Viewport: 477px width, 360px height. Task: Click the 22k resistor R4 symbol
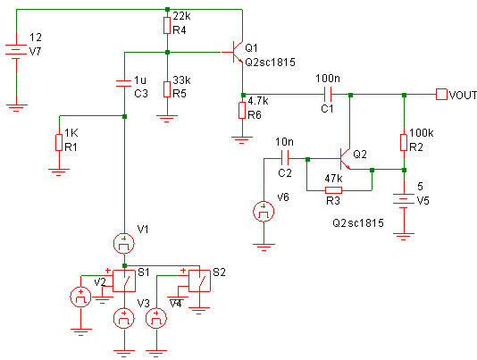click(167, 26)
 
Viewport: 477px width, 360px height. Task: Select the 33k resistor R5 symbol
click(167, 89)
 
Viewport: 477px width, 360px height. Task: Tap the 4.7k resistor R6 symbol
click(242, 110)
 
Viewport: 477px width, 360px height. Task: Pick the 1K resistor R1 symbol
click(59, 142)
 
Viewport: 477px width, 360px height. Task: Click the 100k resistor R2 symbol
click(404, 142)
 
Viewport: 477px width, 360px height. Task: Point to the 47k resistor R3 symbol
click(333, 190)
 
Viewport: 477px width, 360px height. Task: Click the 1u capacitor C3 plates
click(124, 83)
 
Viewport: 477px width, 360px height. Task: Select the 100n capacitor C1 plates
click(328, 95)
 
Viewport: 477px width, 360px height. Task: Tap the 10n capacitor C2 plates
click(285, 158)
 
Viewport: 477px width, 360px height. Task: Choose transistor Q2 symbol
click(343, 158)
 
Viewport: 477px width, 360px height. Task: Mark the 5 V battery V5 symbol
click(404, 200)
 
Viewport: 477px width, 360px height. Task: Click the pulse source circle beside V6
click(264, 212)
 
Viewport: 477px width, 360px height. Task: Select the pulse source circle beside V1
click(124, 243)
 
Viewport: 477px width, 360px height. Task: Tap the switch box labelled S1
click(124, 280)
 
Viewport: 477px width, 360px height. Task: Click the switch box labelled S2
click(199, 280)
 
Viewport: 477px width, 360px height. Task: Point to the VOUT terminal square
click(441, 95)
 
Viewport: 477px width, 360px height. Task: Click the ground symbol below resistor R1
click(59, 172)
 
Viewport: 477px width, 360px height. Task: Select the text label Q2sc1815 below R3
click(358, 223)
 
